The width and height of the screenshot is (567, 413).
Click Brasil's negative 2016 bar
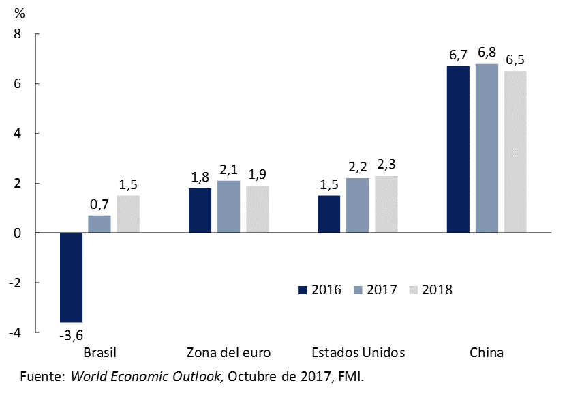[x=72, y=277]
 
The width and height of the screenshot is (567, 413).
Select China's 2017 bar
[x=487, y=148]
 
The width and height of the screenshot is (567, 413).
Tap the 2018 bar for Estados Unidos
[x=386, y=204]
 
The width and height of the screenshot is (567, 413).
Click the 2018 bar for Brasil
[x=128, y=214]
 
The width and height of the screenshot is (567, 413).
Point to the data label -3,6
[x=71, y=334]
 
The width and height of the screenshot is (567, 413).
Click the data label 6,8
[x=487, y=53]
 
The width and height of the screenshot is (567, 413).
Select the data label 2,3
[x=386, y=164]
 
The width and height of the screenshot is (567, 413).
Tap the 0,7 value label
[x=99, y=203]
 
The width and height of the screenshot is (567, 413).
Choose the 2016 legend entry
[x=320, y=289]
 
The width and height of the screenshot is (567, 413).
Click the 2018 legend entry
[x=431, y=289]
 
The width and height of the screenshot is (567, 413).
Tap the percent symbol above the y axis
[x=19, y=14]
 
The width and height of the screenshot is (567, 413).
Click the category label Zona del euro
[x=229, y=353]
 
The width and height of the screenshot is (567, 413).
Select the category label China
[x=487, y=353]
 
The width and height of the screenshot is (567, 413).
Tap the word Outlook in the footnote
[x=197, y=376]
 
